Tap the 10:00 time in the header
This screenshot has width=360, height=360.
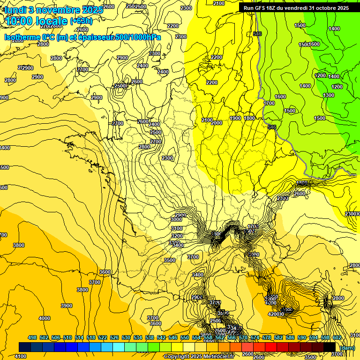22,21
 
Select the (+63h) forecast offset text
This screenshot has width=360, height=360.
81,21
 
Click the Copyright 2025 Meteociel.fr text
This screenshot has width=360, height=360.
199,356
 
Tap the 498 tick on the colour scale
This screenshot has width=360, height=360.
32,337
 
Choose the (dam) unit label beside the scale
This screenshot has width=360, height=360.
347,347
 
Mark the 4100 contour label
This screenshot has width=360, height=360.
21,356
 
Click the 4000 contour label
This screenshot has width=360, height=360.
44,318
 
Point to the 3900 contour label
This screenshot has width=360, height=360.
67,306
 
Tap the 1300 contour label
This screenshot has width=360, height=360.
329,95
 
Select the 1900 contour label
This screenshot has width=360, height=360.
235,118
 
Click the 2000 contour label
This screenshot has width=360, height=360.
217,123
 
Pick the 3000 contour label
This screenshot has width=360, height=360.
176,219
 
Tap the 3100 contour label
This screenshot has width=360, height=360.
177,228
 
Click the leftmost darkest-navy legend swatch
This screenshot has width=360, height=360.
25,347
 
